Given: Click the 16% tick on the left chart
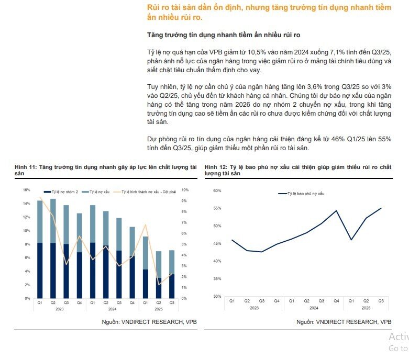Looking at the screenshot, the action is [27, 190].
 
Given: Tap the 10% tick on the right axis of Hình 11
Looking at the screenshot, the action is [185, 190].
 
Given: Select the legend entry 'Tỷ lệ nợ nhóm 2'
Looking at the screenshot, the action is [61, 192].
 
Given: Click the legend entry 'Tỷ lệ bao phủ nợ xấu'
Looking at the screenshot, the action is [301, 194].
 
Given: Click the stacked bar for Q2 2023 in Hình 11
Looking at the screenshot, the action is [53, 249].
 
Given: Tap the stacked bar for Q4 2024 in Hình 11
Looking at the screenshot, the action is [132, 263].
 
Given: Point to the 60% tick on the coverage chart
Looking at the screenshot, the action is [217, 190].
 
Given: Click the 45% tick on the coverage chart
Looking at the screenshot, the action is [217, 243].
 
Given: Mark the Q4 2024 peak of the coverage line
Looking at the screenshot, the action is [336, 211].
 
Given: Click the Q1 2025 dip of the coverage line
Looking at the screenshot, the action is [351, 240].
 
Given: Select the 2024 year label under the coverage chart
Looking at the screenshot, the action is [314, 308].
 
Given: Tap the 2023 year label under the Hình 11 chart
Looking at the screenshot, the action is [60, 309].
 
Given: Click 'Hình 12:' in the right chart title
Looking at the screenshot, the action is [216, 167].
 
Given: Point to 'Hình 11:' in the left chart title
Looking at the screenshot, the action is [26, 167].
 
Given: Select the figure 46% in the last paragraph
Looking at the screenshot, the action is [338, 139].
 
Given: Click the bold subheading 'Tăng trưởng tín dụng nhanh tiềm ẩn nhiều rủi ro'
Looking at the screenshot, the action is [224, 35].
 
